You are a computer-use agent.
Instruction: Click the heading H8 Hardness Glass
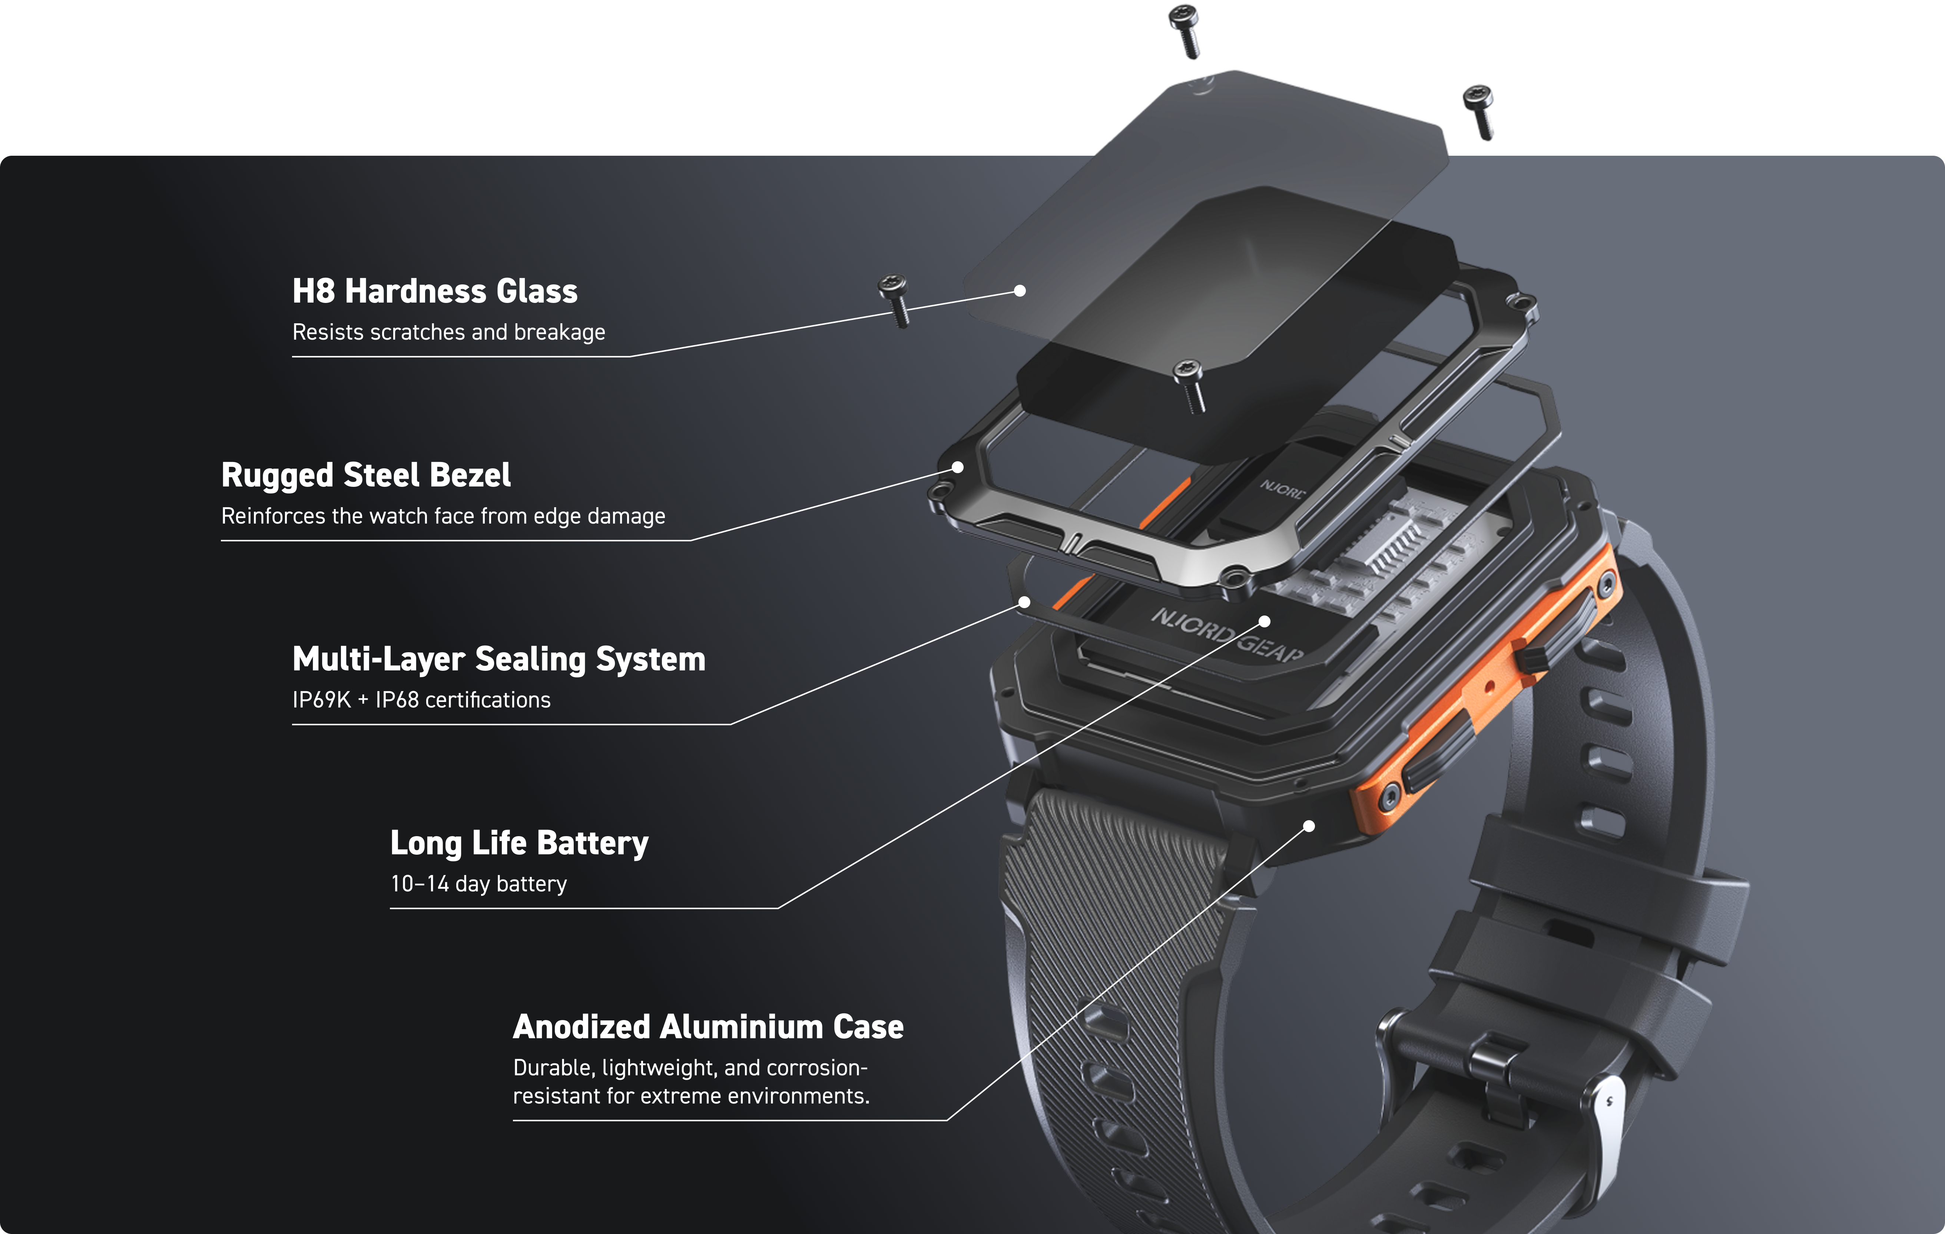click(435, 291)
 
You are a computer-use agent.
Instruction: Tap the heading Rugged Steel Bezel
click(366, 475)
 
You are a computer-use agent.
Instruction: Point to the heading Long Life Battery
click(519, 843)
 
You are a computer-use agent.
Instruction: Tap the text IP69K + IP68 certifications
click(422, 700)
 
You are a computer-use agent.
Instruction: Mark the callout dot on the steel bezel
click(957, 467)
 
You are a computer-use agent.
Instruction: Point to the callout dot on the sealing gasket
click(1024, 602)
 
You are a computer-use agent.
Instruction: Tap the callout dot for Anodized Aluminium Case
click(1309, 826)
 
